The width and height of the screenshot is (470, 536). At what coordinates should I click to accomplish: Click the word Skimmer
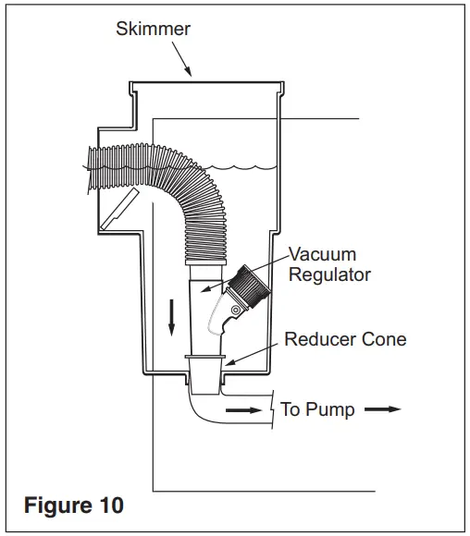[153, 29]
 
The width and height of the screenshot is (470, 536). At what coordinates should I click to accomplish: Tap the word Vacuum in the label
[323, 254]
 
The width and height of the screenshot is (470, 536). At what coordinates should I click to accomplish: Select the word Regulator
[329, 275]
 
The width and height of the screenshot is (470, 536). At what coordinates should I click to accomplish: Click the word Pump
[329, 410]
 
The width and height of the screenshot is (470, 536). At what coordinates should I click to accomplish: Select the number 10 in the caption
[111, 505]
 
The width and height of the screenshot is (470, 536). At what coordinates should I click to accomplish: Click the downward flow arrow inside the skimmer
[171, 317]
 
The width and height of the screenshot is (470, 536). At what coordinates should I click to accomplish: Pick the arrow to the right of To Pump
[382, 409]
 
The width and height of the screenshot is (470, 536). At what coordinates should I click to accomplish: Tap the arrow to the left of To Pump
[243, 410]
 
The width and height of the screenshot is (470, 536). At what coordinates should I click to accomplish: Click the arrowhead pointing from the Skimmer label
[188, 71]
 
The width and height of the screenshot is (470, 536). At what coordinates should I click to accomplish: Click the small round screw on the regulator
[236, 311]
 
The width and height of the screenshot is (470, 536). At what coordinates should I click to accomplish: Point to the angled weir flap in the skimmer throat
[119, 208]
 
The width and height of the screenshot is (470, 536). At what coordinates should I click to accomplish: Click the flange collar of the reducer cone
[205, 357]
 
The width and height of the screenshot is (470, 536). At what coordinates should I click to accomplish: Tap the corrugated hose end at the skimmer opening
[94, 168]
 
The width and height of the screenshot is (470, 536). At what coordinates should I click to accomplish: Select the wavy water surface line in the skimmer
[240, 167]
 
